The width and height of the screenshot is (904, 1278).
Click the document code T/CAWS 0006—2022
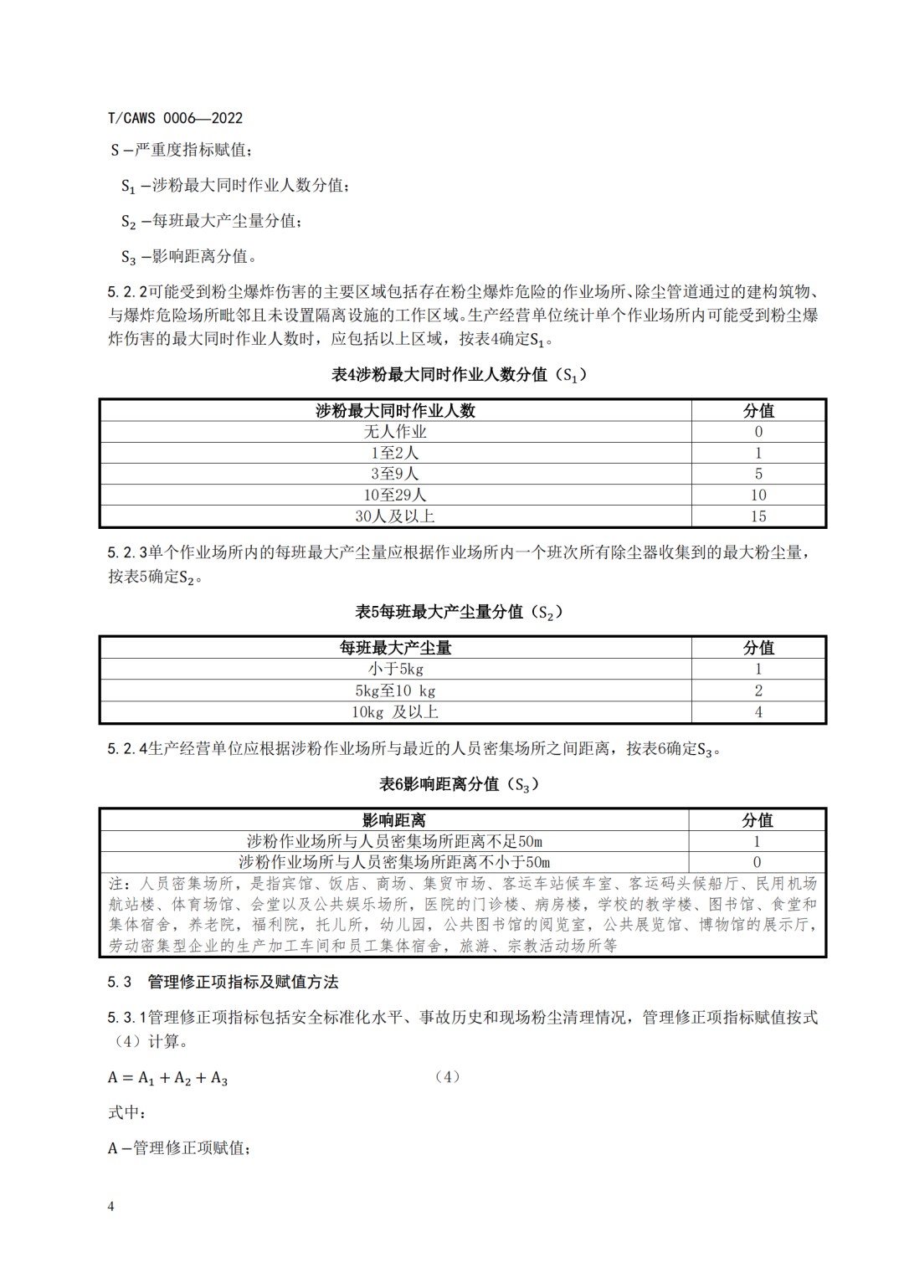(175, 118)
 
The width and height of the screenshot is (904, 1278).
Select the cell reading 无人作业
(395, 432)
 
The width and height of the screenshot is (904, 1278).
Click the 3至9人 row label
(395, 474)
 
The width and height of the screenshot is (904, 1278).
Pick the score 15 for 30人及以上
(758, 516)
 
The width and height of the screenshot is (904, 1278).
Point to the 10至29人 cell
(395, 495)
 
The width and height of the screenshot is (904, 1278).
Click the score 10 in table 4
(758, 495)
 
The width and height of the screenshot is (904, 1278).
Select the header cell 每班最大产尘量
(395, 648)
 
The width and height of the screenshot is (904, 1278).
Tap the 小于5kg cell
(395, 670)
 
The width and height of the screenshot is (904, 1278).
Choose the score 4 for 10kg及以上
(758, 712)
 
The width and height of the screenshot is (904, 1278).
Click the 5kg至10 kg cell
(395, 691)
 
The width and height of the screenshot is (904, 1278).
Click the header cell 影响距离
(394, 820)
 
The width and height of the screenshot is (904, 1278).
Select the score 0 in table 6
(757, 862)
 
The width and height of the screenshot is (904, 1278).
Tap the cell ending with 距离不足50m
(394, 841)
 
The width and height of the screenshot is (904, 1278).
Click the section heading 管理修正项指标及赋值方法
(243, 982)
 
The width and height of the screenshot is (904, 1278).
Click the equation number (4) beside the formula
(448, 1077)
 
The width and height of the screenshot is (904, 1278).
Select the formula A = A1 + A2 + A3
(168, 1078)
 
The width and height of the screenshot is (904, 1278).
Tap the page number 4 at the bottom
(110, 1206)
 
